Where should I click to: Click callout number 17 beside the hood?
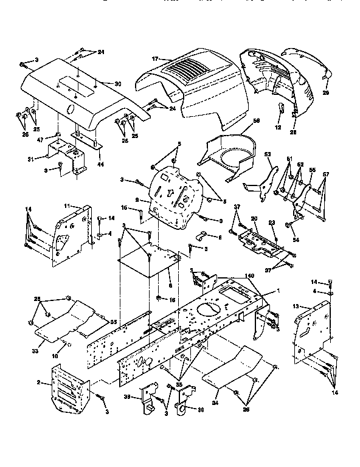[x=155, y=58]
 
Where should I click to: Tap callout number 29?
[x=325, y=92]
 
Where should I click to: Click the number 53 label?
[x=268, y=156]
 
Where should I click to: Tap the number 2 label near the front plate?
[x=38, y=382]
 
